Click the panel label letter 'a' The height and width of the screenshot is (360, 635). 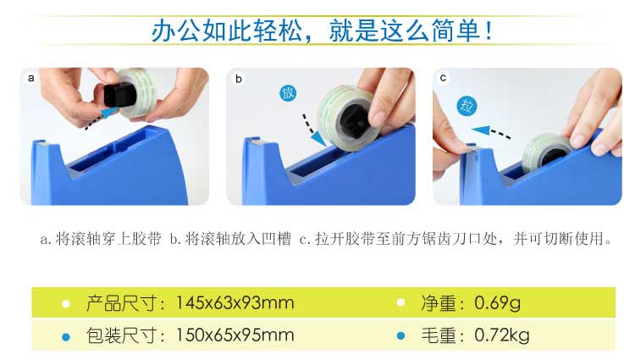[30, 78]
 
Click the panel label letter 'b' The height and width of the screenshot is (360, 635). [239, 79]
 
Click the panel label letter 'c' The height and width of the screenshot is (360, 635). [443, 78]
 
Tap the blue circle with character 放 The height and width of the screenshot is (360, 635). [288, 93]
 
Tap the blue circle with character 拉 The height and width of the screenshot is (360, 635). [467, 106]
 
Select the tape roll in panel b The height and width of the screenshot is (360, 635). [348, 118]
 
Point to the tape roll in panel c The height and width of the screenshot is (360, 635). [548, 152]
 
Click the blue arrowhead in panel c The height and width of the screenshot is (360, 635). [481, 130]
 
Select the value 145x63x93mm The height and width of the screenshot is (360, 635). [235, 303]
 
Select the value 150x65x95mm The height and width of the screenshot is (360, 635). [235, 335]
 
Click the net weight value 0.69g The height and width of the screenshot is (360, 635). [498, 303]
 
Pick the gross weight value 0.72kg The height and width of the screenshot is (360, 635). [502, 335]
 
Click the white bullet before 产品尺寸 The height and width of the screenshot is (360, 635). [65, 304]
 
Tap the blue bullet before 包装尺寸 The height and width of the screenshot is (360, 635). [65, 336]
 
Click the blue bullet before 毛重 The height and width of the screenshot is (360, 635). [401, 335]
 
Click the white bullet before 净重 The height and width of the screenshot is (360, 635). [401, 302]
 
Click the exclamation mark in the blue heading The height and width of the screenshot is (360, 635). [489, 30]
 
